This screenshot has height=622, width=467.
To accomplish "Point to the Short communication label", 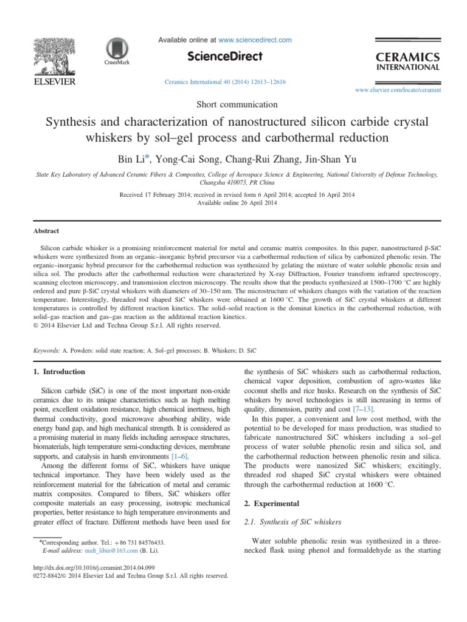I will (x=233, y=104).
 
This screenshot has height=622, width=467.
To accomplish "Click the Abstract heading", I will (x=46, y=231).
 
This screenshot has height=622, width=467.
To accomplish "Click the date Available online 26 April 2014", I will (x=233, y=203).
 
